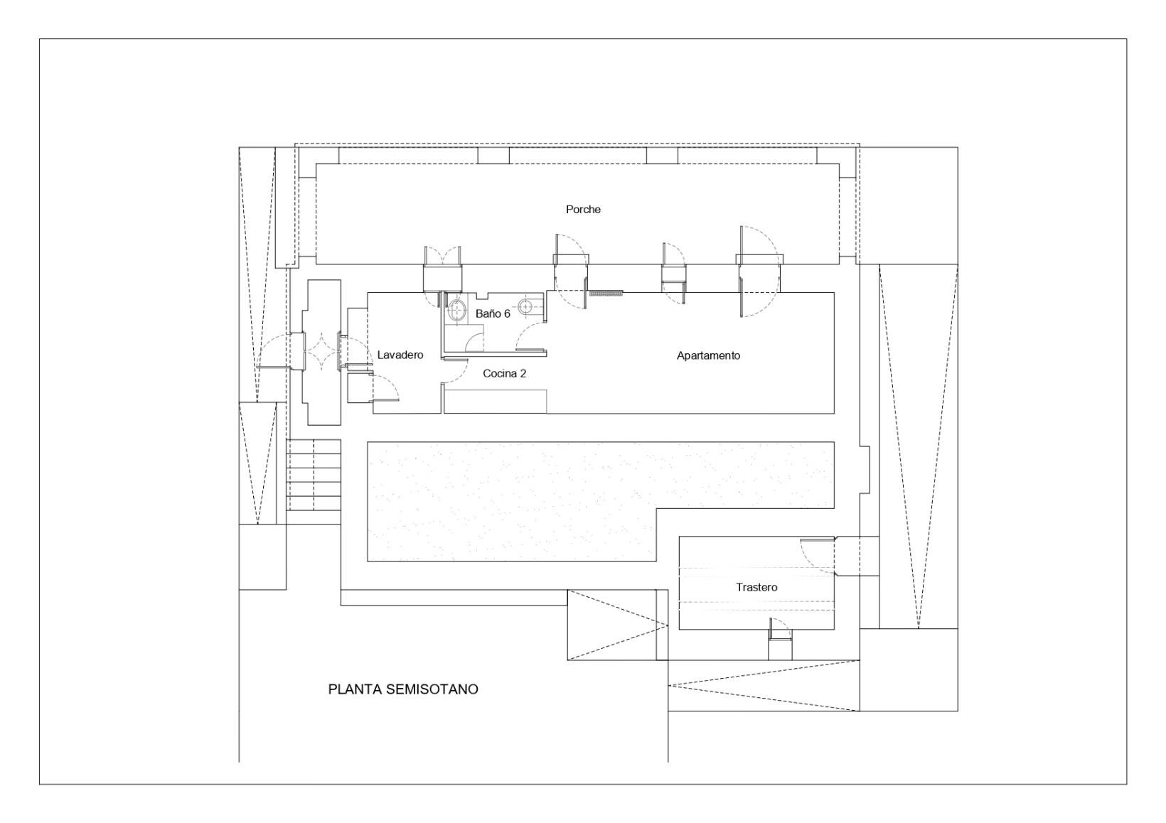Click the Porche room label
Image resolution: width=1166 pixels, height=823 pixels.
[x=583, y=209]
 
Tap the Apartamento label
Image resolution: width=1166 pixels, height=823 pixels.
[x=708, y=355]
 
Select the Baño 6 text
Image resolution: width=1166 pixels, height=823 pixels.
[x=493, y=313]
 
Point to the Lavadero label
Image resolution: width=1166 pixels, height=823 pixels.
[x=400, y=355]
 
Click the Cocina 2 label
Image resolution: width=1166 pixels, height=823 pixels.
[x=504, y=374]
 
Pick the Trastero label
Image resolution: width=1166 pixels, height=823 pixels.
[x=756, y=587]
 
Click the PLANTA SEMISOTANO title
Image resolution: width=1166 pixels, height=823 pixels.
[x=403, y=689]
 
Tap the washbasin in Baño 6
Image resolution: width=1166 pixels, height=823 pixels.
[x=457, y=311]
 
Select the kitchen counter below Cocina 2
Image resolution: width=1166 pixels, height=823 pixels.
[x=495, y=401]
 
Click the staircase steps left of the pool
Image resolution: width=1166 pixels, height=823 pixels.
[x=314, y=475]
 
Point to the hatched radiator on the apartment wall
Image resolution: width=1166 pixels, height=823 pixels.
[x=605, y=293]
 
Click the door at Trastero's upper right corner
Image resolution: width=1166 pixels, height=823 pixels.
[x=816, y=557]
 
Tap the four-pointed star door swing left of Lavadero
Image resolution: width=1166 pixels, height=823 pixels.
[x=321, y=353]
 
